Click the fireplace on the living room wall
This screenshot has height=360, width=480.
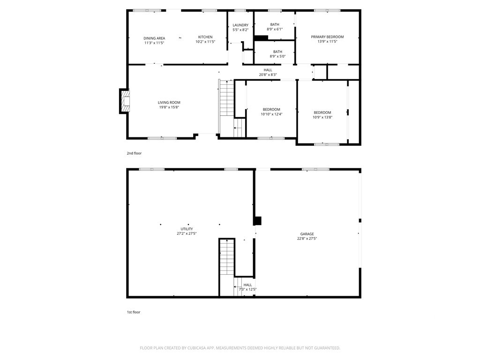click(x=124, y=101)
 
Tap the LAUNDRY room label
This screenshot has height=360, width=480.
click(x=240, y=25)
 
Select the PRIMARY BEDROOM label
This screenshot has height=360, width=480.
click(x=327, y=37)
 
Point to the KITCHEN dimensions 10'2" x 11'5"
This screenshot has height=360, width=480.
click(x=205, y=42)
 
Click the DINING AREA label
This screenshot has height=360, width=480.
click(x=154, y=38)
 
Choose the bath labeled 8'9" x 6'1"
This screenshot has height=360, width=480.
click(x=275, y=27)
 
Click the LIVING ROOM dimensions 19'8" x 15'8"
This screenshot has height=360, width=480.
click(x=169, y=107)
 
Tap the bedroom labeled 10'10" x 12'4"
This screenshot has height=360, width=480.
click(x=271, y=112)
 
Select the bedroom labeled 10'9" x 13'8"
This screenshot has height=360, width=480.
click(x=322, y=115)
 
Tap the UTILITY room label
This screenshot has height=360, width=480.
click(x=187, y=229)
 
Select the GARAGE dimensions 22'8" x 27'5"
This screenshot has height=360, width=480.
click(x=307, y=239)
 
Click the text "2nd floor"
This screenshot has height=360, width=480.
click(x=134, y=153)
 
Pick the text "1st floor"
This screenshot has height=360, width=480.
click(x=134, y=312)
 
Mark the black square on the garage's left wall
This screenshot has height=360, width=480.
click(x=258, y=221)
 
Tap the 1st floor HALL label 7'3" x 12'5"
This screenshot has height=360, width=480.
click(x=247, y=287)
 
